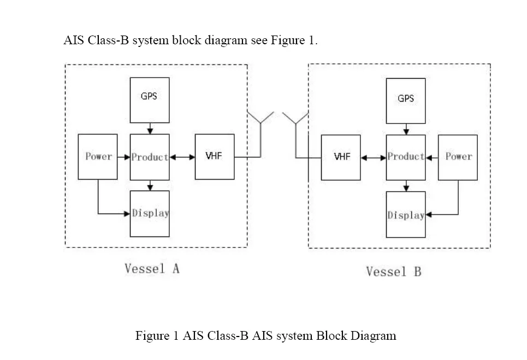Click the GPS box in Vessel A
(150, 100)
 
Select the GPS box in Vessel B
(406, 101)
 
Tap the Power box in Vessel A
(98, 157)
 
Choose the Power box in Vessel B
(458, 157)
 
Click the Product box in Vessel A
(150, 157)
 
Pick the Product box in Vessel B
(406, 157)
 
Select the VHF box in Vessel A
(215, 157)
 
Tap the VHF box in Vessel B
(341, 157)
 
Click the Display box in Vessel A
(150, 214)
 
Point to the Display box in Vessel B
(406, 215)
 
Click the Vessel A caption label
(152, 269)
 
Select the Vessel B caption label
(394, 272)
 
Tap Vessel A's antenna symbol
(260, 134)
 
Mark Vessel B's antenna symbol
(295, 134)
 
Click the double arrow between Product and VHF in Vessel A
(182, 157)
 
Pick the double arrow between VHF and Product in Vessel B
(374, 158)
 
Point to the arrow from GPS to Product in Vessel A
(150, 128)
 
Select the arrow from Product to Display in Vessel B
(406, 186)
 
